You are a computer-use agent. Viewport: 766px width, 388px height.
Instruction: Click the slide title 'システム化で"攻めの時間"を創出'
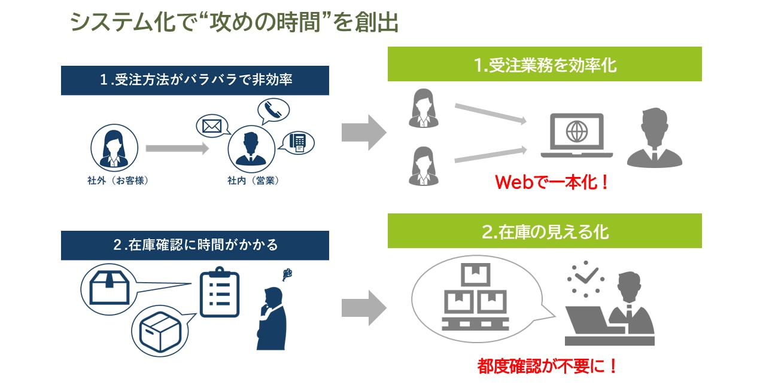(x=234, y=24)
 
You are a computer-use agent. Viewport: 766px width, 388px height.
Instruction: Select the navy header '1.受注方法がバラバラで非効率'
(x=195, y=80)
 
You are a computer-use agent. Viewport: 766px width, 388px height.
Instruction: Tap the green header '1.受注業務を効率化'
(x=545, y=65)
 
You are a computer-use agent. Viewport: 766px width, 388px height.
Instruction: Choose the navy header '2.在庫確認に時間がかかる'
(x=195, y=245)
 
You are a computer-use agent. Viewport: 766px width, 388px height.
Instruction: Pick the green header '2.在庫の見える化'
(x=545, y=231)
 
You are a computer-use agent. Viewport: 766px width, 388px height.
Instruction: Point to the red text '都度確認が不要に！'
(x=547, y=366)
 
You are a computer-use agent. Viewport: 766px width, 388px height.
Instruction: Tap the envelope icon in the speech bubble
(x=212, y=127)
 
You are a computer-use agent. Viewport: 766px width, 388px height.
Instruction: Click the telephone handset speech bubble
(x=273, y=110)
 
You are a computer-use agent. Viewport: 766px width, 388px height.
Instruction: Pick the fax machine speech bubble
(x=297, y=142)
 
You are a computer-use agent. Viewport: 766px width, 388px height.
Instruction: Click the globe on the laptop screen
(x=576, y=131)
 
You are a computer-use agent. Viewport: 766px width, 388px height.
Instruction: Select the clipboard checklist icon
(x=219, y=294)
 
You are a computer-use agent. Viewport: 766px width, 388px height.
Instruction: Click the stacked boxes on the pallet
(x=475, y=298)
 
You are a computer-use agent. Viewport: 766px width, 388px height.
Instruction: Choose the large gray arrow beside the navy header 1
(x=364, y=132)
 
